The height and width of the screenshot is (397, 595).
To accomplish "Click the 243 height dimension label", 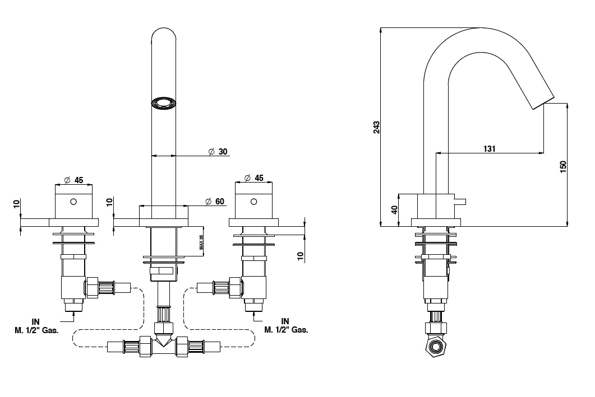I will point(376,127).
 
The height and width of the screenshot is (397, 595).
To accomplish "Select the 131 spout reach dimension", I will point(489,148).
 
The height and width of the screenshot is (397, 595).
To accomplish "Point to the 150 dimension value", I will point(563,166).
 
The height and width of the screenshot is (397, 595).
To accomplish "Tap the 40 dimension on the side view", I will point(394,210).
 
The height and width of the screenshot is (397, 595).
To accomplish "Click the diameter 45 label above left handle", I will point(73,180).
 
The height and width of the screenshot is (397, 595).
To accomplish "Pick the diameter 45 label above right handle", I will point(254,178).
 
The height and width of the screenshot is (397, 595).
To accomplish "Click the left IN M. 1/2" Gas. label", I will point(35,326).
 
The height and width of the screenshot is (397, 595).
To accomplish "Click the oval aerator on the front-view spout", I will point(164,104).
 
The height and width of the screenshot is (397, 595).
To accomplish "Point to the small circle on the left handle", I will point(72,201).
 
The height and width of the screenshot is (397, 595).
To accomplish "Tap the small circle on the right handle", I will point(253,201).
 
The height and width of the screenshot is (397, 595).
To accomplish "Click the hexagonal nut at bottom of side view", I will point(435,348).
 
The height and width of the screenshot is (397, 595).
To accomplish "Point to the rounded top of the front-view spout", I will point(164,35).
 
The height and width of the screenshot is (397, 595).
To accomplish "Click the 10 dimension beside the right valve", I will point(300,256).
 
